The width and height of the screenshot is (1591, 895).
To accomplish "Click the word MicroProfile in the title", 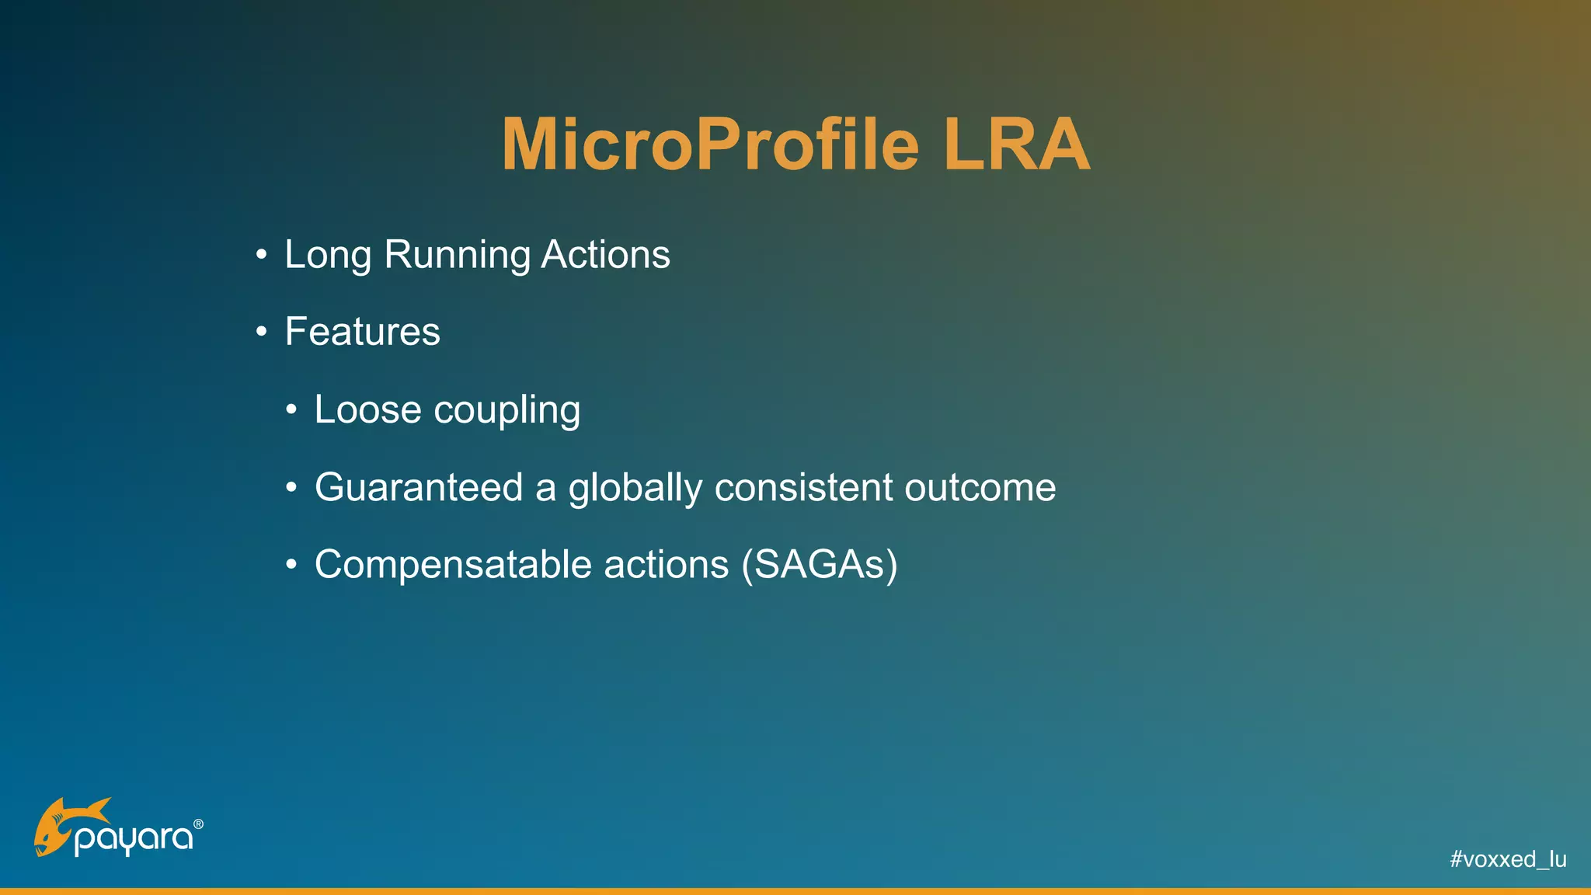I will pos(710,145).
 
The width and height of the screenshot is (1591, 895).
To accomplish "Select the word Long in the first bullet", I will pos(328,255).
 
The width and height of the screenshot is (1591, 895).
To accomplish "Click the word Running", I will pos(457,255).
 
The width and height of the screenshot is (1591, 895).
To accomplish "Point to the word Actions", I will pos(605,255).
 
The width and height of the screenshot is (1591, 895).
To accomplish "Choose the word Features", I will pos(362,332).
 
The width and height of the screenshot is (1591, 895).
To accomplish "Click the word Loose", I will pos(367,409).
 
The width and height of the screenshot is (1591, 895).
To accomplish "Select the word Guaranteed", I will pos(419,487).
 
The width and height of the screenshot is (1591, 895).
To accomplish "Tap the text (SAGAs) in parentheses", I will pos(820,565).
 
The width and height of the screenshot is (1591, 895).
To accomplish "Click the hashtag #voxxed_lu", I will pos(1507,859).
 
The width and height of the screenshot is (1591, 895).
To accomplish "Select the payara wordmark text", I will pos(134,840).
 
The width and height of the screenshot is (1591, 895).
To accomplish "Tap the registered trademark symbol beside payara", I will pos(198,824).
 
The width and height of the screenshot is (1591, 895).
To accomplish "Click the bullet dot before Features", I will pos(262,333).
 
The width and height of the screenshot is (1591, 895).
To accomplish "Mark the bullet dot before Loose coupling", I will pos(291,410).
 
